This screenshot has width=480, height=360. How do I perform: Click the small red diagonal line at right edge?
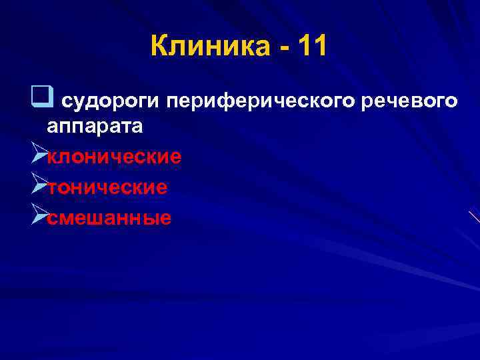tap(474, 217)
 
